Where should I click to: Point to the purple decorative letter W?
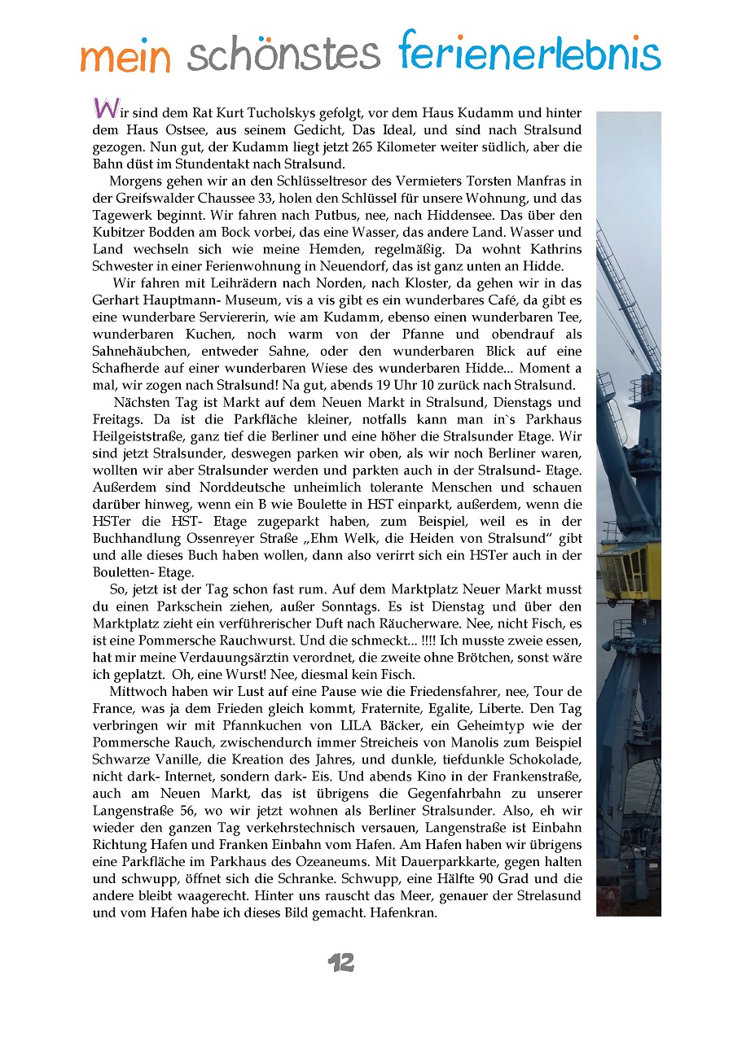(104, 108)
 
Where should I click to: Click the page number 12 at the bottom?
(341, 964)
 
